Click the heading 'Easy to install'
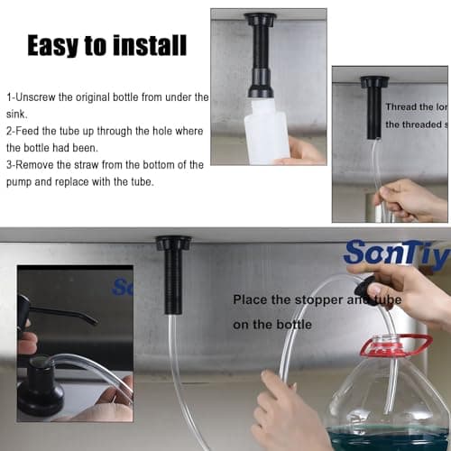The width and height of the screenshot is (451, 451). pyautogui.click(x=106, y=44)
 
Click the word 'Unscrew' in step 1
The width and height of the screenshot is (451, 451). pyautogui.click(x=41, y=97)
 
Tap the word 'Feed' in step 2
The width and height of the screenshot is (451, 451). pyautogui.click(x=36, y=131)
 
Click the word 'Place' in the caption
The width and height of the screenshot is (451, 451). pyautogui.click(x=250, y=299)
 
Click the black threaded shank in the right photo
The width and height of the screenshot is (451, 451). pyautogui.click(x=373, y=113)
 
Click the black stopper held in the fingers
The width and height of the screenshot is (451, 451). pyautogui.click(x=364, y=289)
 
